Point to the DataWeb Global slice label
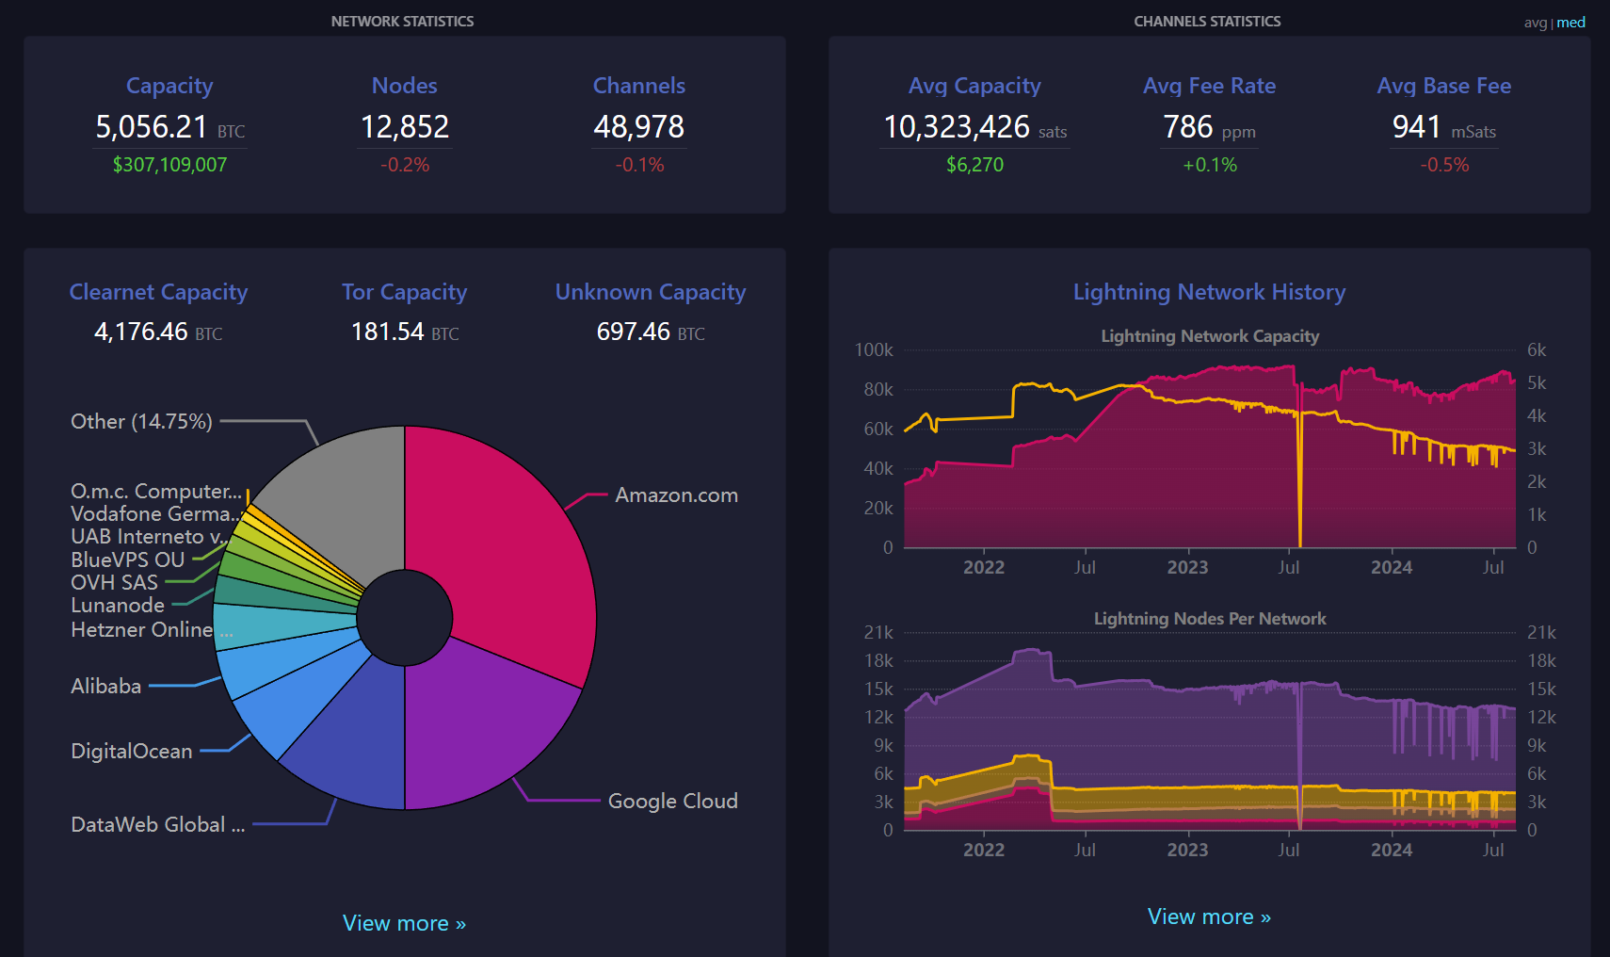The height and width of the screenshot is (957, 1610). [x=158, y=824]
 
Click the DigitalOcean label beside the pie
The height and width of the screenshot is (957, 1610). [x=132, y=751]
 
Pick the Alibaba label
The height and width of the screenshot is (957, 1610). [x=105, y=686]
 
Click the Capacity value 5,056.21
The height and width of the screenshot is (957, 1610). [x=152, y=126]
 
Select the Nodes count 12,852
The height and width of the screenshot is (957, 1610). [x=405, y=126]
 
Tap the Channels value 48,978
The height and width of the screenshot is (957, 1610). [x=639, y=126]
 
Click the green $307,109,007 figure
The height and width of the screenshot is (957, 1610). [x=169, y=165]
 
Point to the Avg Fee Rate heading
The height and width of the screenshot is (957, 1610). [x=1210, y=86]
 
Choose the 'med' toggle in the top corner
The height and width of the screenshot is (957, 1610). [x=1570, y=23]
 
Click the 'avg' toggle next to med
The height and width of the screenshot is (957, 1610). [x=1536, y=23]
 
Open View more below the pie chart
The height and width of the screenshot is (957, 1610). [x=404, y=922]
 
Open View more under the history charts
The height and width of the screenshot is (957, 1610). [x=1209, y=916]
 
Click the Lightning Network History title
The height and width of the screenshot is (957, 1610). [x=1209, y=292]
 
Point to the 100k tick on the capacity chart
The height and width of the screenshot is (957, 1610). [x=874, y=350]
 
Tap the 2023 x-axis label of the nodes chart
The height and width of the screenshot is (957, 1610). [x=1187, y=850]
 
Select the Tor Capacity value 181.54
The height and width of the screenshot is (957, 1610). [x=387, y=332]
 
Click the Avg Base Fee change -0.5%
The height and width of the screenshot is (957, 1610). [x=1444, y=165]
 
